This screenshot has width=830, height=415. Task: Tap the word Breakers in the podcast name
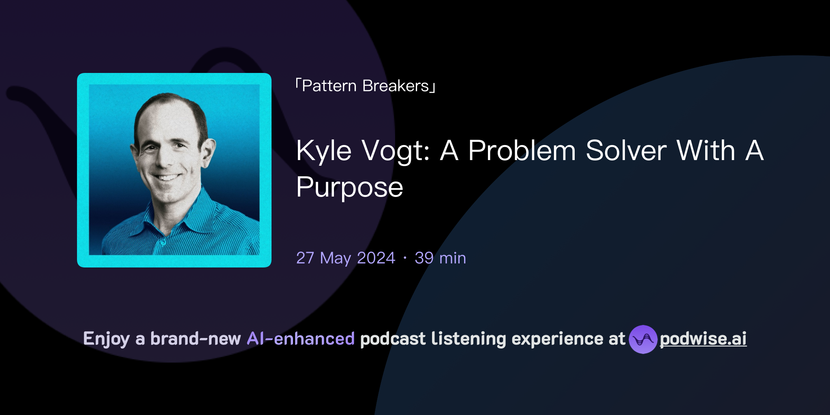396,86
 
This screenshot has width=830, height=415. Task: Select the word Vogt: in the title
396,151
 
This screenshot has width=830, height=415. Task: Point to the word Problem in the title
522,151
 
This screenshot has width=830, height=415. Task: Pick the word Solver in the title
626,151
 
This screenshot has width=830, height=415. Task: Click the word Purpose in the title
349,187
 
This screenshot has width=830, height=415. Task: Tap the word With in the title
706,151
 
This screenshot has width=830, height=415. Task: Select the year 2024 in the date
376,258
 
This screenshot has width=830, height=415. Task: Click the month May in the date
335,258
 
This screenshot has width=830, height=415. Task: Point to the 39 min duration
440,258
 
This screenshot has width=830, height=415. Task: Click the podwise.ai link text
703,339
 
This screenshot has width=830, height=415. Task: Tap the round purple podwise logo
643,339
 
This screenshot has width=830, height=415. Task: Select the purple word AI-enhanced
301,339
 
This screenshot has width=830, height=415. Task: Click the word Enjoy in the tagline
106,339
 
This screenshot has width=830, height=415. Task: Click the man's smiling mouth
167,178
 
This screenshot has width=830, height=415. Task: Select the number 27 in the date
305,258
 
